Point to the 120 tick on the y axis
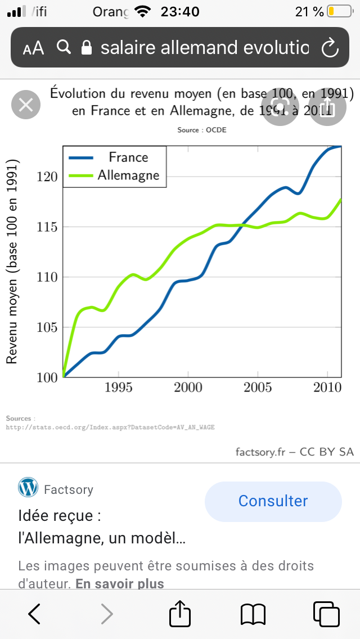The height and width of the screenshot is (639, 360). point(48,177)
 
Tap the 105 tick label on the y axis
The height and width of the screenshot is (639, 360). point(48,327)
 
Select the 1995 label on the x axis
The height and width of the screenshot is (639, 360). point(118,388)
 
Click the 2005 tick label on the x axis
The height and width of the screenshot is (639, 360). point(257,388)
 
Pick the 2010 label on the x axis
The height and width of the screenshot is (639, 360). point(327,388)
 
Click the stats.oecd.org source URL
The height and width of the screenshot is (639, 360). point(110,427)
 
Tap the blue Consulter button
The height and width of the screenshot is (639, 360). point(273,501)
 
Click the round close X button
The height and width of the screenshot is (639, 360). point(26,105)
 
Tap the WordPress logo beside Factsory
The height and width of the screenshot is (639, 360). point(28,487)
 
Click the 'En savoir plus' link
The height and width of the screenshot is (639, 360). point(120,584)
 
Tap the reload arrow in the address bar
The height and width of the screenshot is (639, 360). point(329,48)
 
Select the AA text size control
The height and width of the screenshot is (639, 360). point(34,48)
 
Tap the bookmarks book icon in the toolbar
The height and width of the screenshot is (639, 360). point(253,614)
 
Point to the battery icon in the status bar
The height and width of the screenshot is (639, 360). point(339,11)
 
